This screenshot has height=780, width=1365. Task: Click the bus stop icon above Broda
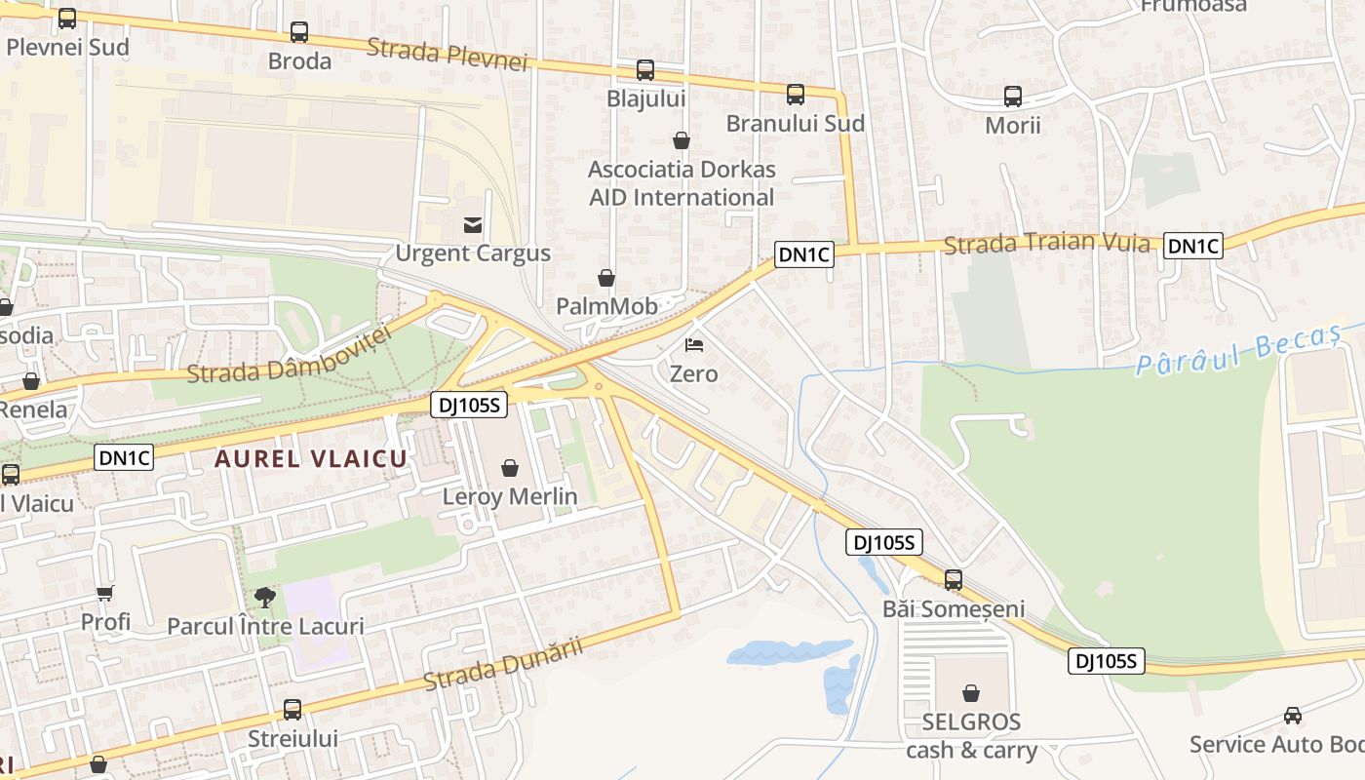(x=299, y=32)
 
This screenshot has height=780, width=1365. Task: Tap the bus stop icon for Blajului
(x=645, y=70)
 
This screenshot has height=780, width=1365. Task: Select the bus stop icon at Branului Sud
(x=796, y=95)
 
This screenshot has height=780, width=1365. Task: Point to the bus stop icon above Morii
(x=1013, y=97)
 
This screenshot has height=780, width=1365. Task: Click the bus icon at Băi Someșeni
(x=954, y=580)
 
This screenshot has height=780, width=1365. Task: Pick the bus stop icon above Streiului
(x=292, y=710)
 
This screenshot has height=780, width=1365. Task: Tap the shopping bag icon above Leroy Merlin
(x=509, y=469)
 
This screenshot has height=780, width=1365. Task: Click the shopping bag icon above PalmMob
(x=606, y=279)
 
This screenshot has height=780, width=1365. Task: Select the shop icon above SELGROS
(x=971, y=693)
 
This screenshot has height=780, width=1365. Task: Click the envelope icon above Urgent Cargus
(x=473, y=225)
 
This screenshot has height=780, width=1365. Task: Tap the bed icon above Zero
(x=694, y=345)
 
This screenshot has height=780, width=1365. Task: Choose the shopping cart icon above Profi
(x=105, y=593)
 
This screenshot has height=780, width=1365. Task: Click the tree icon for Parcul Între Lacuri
(x=264, y=597)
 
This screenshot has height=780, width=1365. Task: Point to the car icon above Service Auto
(x=1293, y=716)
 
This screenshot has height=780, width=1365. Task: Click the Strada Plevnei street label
(x=448, y=55)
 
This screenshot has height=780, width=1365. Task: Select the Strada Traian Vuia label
(x=1047, y=242)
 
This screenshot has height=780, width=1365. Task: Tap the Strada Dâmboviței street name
(x=289, y=353)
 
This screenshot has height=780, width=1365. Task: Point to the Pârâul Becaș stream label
(x=1238, y=351)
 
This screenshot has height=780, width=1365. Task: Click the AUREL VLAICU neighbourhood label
(x=311, y=458)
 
